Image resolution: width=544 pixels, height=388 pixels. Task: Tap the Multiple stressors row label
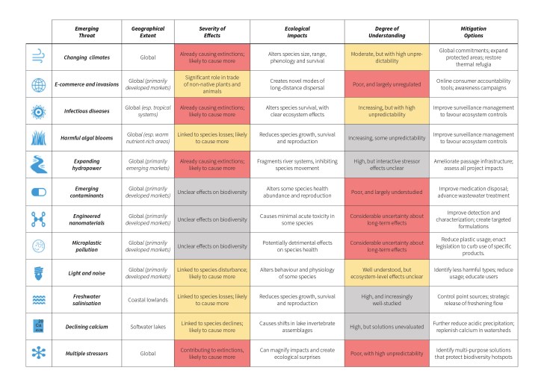pos(87,353)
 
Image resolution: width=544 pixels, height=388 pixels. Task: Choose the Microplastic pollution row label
pos(87,245)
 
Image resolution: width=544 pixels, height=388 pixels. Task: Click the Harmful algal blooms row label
pos(87,137)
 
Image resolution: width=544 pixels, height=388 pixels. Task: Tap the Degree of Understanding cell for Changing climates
pos(386,57)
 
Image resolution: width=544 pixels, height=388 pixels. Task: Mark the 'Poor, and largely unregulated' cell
pos(386,84)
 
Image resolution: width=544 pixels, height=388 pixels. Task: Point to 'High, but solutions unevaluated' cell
pos(386,326)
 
